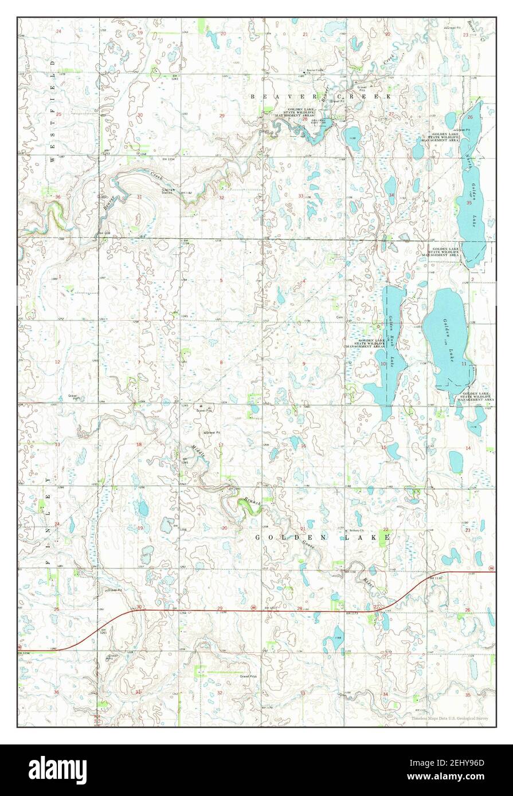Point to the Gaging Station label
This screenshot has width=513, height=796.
168,191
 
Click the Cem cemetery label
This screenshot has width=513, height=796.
339,316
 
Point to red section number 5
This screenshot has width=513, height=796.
221,279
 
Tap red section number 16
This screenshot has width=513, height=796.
303,446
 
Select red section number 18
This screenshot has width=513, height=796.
139,444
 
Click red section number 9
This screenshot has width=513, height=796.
303,363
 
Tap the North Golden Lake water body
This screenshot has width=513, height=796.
472,195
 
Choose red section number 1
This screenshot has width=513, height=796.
59,277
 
